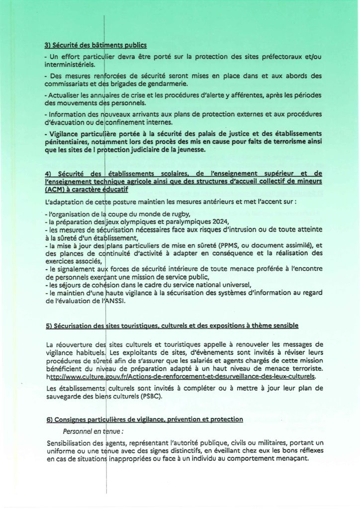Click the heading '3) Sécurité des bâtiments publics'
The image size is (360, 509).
pos(95,46)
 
